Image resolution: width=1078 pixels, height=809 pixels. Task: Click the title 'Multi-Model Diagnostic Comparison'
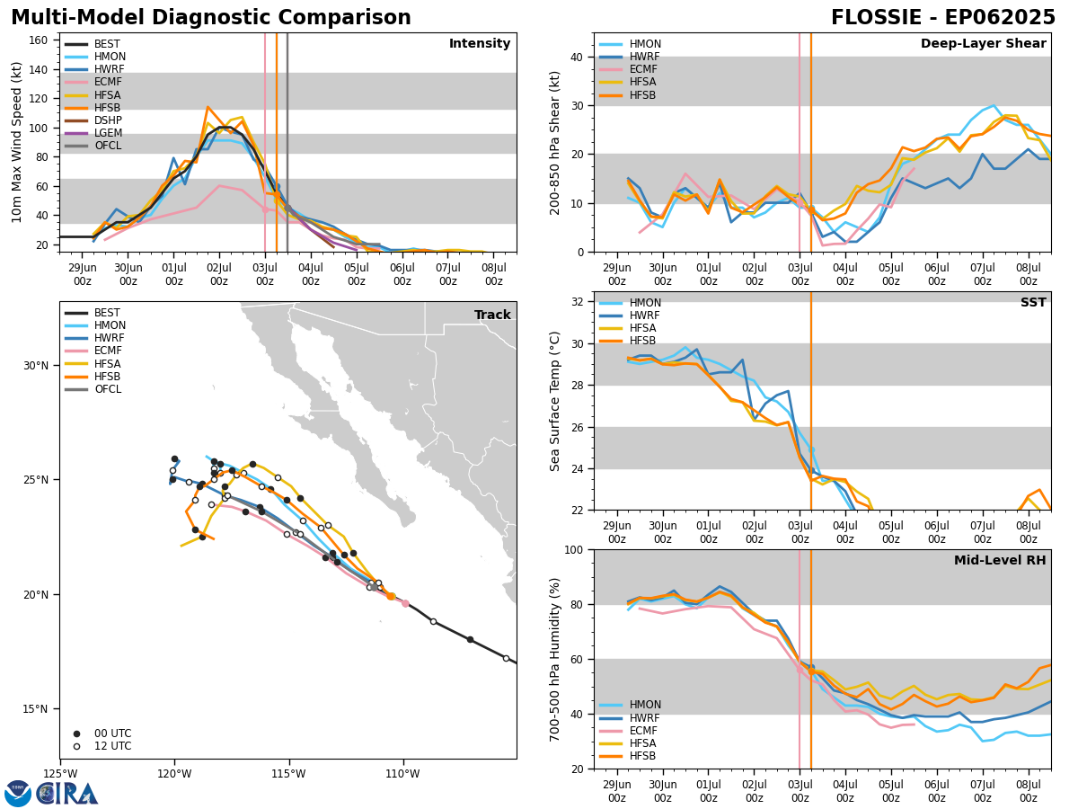(x=211, y=17)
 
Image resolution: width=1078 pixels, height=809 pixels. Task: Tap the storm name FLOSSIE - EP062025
(x=942, y=17)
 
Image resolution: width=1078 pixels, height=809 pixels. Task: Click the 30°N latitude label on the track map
(x=36, y=366)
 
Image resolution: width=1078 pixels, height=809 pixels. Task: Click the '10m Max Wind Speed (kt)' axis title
(x=16, y=142)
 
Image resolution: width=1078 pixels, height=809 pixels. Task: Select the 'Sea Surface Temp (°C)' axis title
(x=554, y=401)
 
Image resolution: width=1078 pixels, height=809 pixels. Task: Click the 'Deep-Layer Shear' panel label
(x=983, y=43)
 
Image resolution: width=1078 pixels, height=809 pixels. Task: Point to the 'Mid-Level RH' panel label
(x=1000, y=560)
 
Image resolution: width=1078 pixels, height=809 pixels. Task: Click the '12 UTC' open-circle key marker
(x=76, y=746)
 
